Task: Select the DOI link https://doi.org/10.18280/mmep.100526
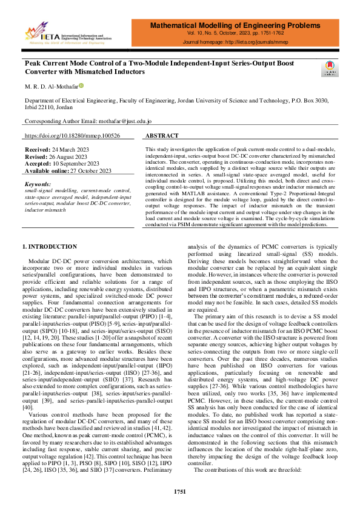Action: [x=72, y=136]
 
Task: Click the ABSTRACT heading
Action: [x=162, y=136]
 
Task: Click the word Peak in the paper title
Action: [x=34, y=63]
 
